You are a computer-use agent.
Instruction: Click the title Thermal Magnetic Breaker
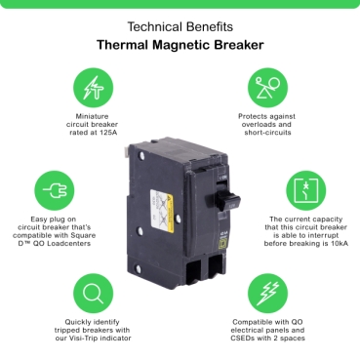coord(180,45)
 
